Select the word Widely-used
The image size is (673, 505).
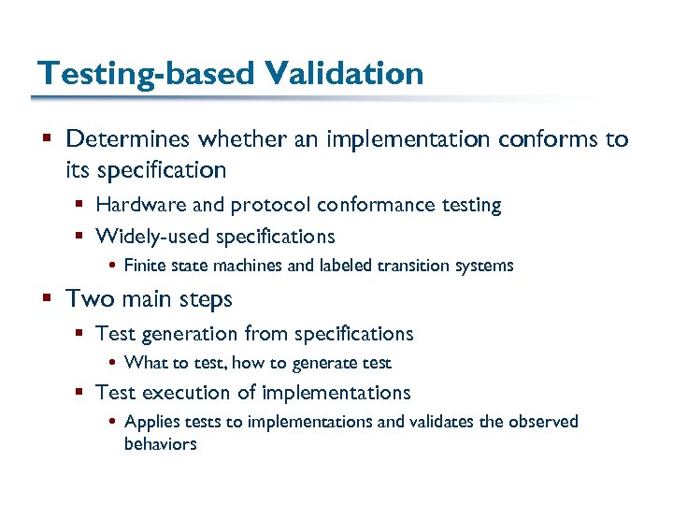(x=150, y=236)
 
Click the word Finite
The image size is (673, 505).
(x=143, y=266)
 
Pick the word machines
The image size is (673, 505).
(x=251, y=266)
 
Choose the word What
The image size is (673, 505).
(x=144, y=363)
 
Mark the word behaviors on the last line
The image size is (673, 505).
(x=160, y=444)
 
